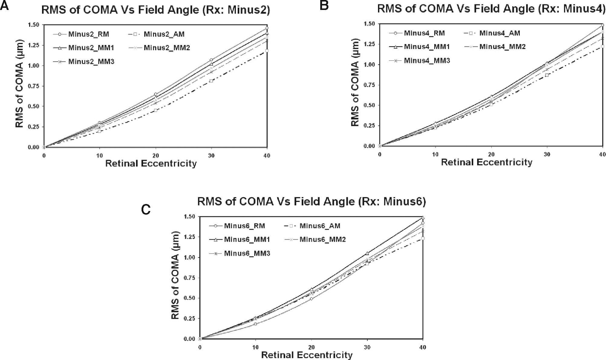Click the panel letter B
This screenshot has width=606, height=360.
click(324, 5)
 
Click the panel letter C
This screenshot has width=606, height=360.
click(146, 209)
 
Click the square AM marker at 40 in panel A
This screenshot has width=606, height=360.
click(267, 51)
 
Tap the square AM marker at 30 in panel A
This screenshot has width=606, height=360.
click(211, 81)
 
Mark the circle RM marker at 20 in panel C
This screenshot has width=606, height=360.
click(311, 299)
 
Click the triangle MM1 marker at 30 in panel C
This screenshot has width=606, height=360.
click(367, 253)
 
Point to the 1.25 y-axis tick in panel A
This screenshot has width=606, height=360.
click(34, 45)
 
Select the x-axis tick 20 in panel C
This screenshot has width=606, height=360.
click(311, 347)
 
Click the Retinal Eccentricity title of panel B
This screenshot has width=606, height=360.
click(487, 162)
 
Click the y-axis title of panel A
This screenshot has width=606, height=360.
click(19, 83)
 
